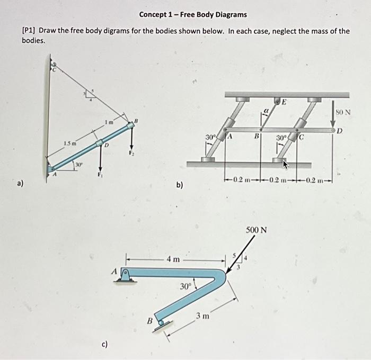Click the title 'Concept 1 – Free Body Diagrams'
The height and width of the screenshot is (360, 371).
[193, 14]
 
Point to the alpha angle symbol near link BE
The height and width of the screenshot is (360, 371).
[267, 111]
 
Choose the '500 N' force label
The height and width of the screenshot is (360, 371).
[256, 230]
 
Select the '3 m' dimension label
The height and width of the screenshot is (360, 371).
[202, 316]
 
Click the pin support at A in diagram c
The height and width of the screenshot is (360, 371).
[126, 274]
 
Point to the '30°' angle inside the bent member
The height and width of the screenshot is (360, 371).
[184, 286]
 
